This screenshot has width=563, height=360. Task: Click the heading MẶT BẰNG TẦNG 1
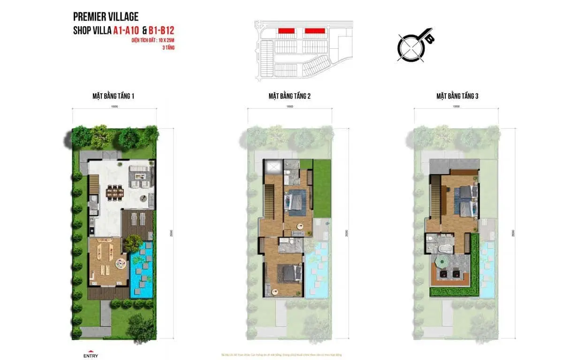[114, 96]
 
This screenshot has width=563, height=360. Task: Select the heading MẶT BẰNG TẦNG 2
[289, 96]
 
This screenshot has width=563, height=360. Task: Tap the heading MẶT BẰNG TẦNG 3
[457, 96]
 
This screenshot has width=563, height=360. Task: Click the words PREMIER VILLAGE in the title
[106, 17]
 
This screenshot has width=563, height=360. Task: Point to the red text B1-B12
[161, 31]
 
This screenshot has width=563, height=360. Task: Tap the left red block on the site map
[286, 31]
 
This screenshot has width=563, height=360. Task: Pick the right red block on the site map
[315, 31]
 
